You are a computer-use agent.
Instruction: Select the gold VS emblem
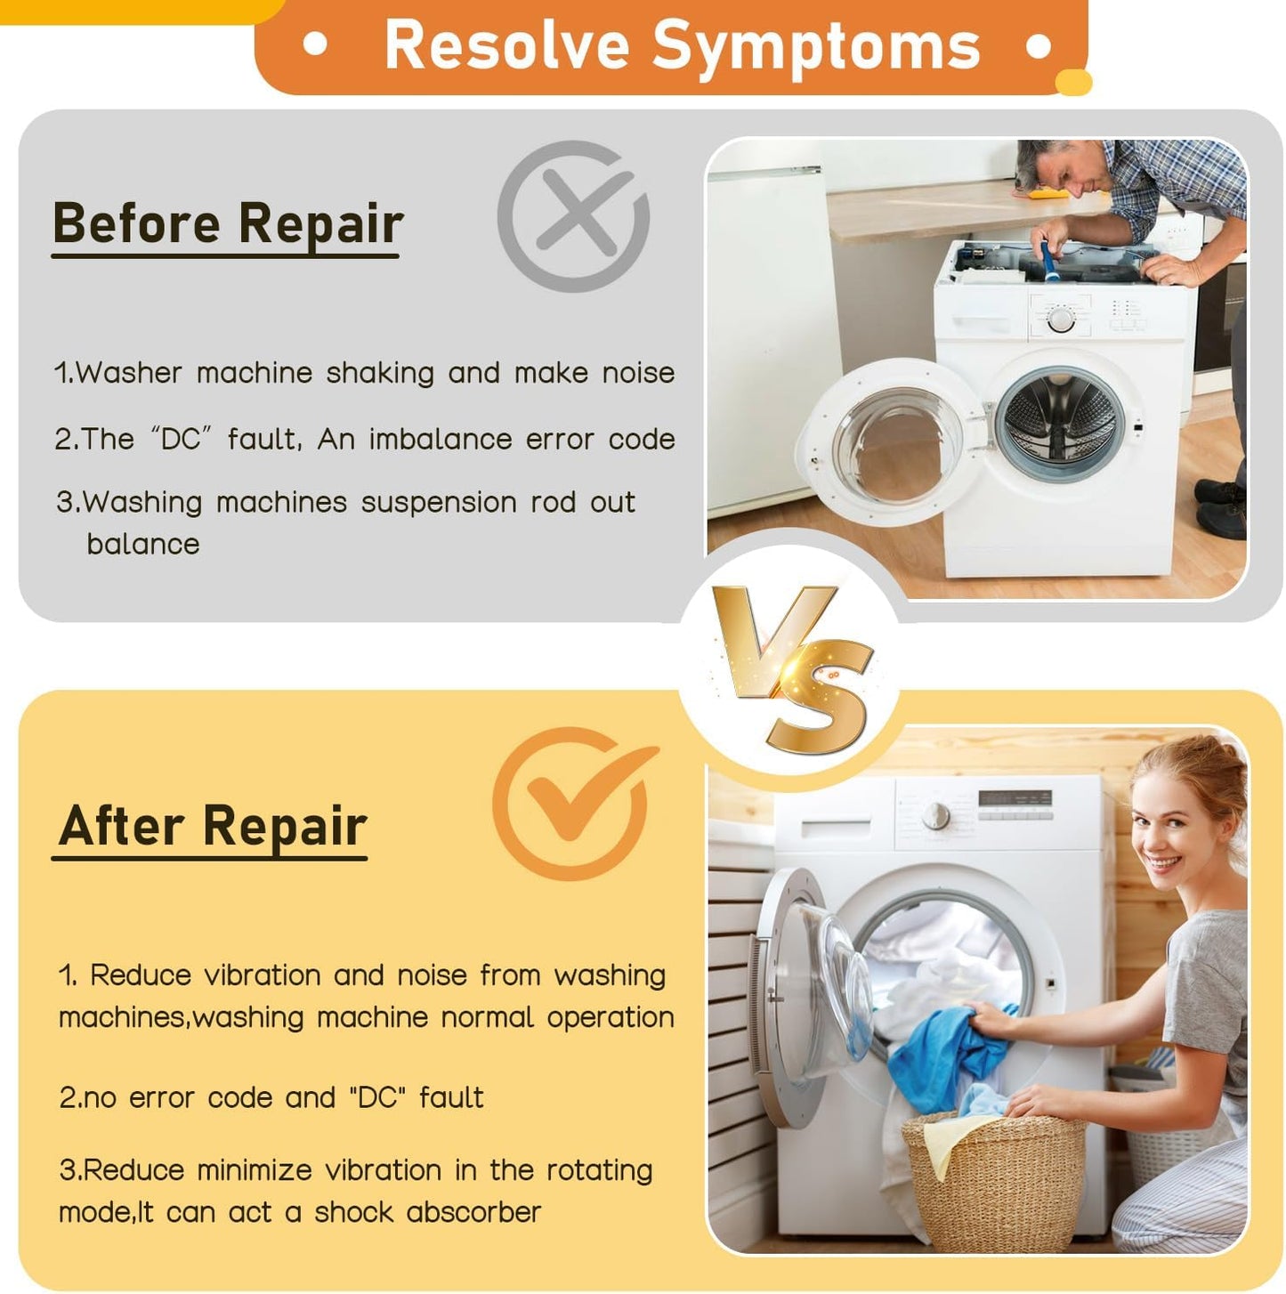pyautogui.click(x=791, y=668)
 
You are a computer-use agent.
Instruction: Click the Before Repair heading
pyautogui.click(x=228, y=223)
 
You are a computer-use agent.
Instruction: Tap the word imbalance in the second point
pyautogui.click(x=439, y=439)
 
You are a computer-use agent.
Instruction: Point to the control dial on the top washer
pyautogui.click(x=1060, y=319)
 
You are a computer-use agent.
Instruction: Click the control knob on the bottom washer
pyautogui.click(x=935, y=816)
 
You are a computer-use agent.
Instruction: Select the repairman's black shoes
pyautogui.click(x=1219, y=507)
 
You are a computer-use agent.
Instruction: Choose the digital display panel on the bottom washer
pyautogui.click(x=1014, y=798)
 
